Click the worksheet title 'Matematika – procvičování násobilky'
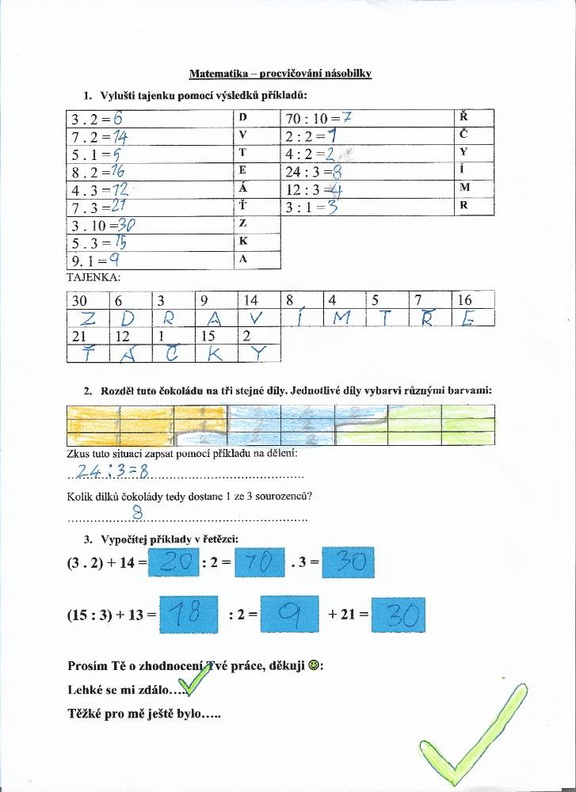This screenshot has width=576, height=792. (x=280, y=74)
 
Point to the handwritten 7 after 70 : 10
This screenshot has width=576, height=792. (x=346, y=118)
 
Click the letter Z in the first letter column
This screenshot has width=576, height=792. (x=242, y=223)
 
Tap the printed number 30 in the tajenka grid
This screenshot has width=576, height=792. (x=79, y=300)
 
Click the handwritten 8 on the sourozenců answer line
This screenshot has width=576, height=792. (x=136, y=512)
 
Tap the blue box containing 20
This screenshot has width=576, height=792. (x=174, y=564)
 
